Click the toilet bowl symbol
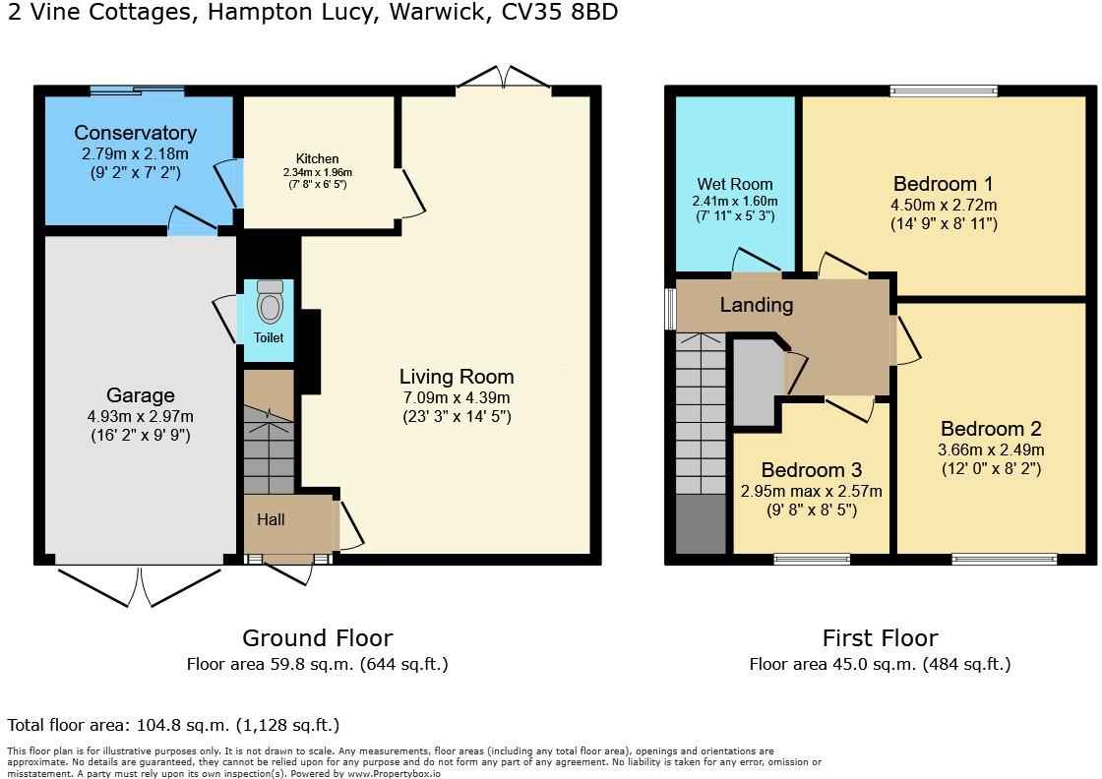pyautogui.click(x=270, y=303)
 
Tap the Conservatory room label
pyautogui.click(x=136, y=133)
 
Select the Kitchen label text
pyautogui.click(x=317, y=158)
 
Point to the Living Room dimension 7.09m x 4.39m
pyautogui.click(x=457, y=396)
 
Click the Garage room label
pyautogui.click(x=141, y=395)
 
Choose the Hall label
pyautogui.click(x=271, y=519)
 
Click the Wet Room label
pyautogui.click(x=735, y=184)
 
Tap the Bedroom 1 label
pyautogui.click(x=943, y=184)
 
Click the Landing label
pyautogui.click(x=756, y=305)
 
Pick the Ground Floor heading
pyautogui.click(x=317, y=638)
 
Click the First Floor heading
pyautogui.click(x=880, y=638)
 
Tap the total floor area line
pyautogui.click(x=173, y=725)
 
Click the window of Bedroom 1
pyautogui.click(x=944, y=91)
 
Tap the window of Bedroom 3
pyautogui.click(x=812, y=560)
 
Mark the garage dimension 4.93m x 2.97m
pyautogui.click(x=141, y=416)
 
